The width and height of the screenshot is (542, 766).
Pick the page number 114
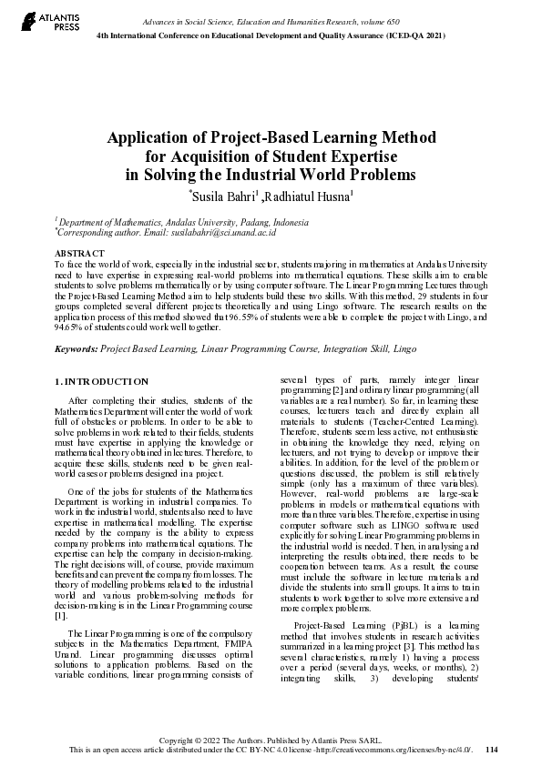coord(492,750)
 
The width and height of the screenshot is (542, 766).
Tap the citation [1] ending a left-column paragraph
coord(61,615)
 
